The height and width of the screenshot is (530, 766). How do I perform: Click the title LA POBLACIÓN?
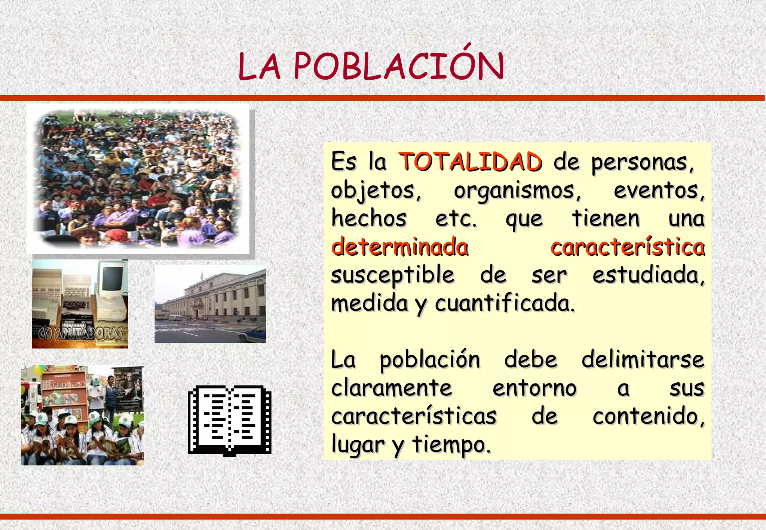click(371, 66)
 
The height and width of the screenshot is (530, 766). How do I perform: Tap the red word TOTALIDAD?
click(471, 162)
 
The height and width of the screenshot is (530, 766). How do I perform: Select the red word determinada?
click(399, 247)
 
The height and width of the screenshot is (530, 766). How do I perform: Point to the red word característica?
click(628, 247)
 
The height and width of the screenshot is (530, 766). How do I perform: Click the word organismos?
click(517, 191)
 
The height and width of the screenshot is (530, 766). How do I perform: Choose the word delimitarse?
click(643, 360)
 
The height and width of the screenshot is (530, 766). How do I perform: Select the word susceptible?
click(393, 275)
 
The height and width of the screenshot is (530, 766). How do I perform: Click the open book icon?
click(229, 420)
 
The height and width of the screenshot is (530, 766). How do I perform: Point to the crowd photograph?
click(138, 179)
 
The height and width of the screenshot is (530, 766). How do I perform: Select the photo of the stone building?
click(210, 303)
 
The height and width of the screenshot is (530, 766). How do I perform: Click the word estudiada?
click(648, 275)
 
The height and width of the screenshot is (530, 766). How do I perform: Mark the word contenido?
click(648, 416)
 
